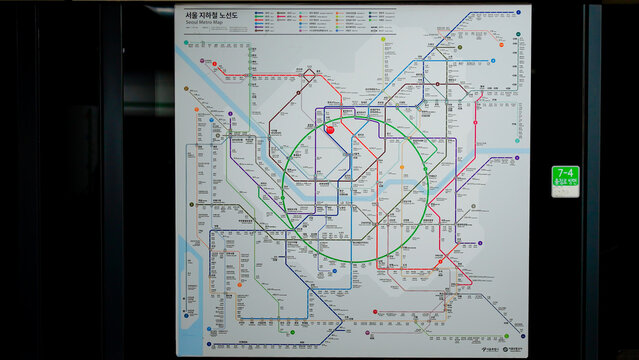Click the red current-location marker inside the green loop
pyautogui.click(x=330, y=129)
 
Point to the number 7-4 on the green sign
pyautogui.click(x=565, y=173)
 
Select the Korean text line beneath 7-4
pyautogui.click(x=565, y=182)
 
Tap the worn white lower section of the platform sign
pyautogui.click(x=565, y=192)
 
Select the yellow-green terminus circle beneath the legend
pyautogui.click(x=382, y=40)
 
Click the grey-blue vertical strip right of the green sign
pyautogui.click(x=594, y=180)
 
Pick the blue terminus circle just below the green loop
pyautogui.click(x=334, y=271)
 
